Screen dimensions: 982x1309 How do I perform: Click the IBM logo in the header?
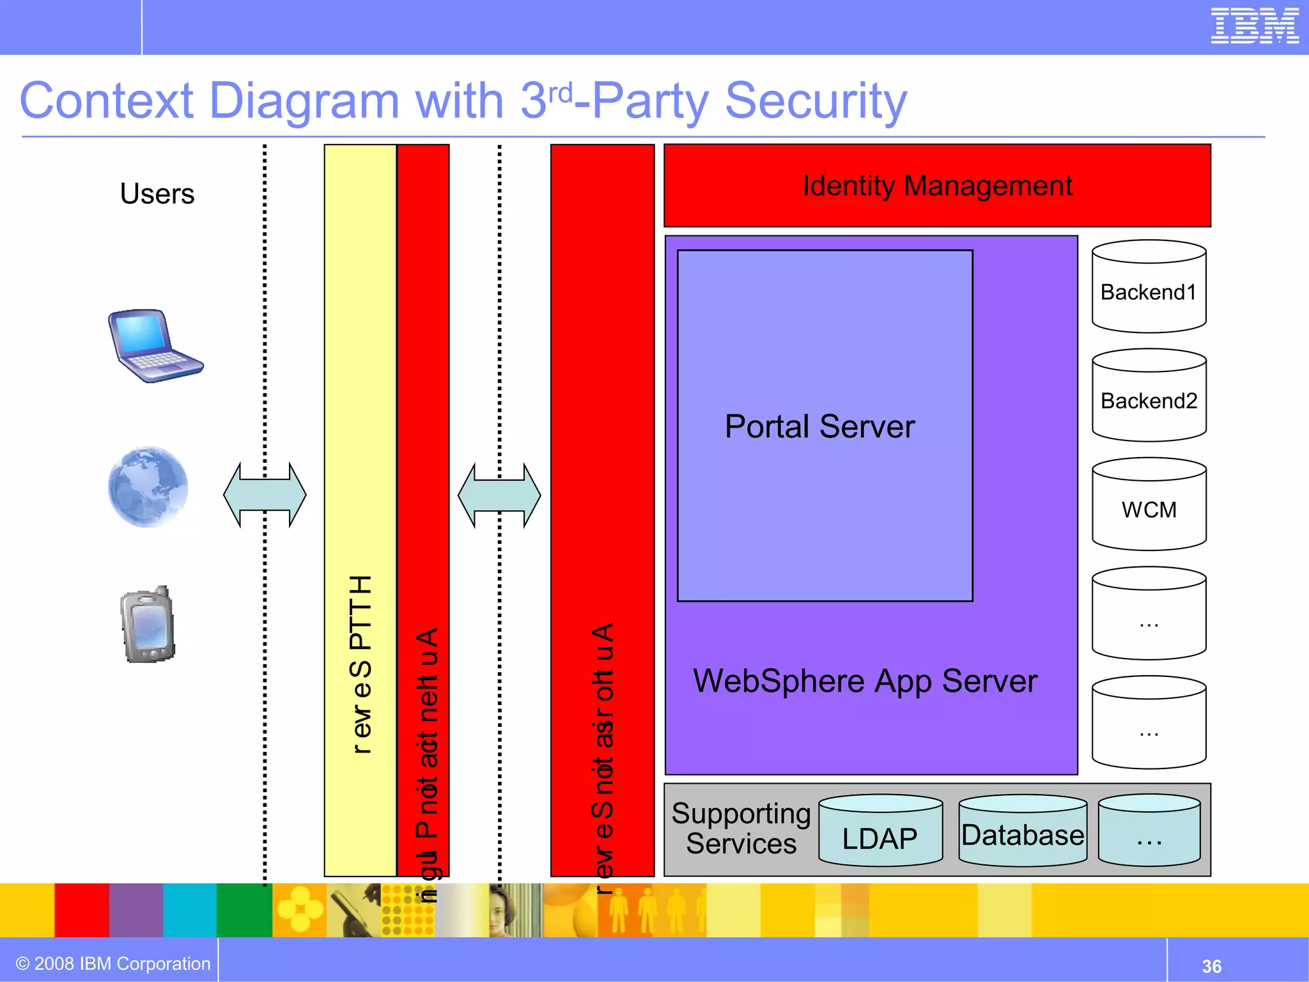pos(1254,26)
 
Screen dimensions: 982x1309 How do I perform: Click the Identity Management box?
pos(937,185)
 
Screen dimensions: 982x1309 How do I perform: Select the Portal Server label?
pos(819,426)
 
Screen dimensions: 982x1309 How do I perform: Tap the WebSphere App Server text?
pos(865,681)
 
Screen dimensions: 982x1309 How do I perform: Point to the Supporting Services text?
pos(741,829)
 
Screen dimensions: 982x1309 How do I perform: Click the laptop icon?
pos(155,346)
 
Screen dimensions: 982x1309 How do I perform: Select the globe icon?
pos(148,487)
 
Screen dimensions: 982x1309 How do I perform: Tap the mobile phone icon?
pos(148,625)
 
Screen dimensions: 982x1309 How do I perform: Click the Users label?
pos(157,194)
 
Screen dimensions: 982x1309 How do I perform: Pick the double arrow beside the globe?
pos(265,495)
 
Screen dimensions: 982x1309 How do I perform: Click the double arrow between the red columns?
pos(499,495)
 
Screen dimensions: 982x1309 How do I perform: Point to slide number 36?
pos(1211,966)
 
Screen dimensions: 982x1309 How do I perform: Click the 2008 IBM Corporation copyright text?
pos(113,963)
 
